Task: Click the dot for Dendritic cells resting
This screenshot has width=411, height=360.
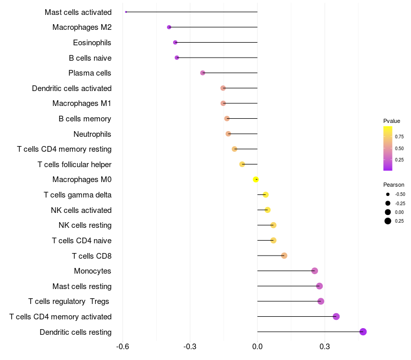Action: [363, 332]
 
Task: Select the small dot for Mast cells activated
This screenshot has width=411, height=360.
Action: [126, 12]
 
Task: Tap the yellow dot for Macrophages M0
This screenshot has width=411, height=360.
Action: [256, 179]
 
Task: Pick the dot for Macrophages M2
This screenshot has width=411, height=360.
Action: [169, 27]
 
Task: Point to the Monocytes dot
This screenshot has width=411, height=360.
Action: [314, 271]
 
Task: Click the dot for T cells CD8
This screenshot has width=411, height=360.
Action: [284, 256]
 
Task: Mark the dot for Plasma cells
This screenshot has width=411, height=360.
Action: [202, 73]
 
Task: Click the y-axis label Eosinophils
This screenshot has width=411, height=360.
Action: [92, 43]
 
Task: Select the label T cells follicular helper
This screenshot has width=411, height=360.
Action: [74, 165]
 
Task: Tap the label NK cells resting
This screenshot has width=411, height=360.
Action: [85, 225]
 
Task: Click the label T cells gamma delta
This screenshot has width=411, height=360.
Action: [78, 195]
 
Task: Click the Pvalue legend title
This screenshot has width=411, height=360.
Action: [391, 121]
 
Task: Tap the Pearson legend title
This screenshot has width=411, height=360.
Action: [394, 185]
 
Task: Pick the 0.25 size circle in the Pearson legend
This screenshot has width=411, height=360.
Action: [388, 221]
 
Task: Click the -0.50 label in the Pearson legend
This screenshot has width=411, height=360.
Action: [400, 194]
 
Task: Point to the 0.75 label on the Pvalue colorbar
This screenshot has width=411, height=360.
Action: [399, 136]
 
